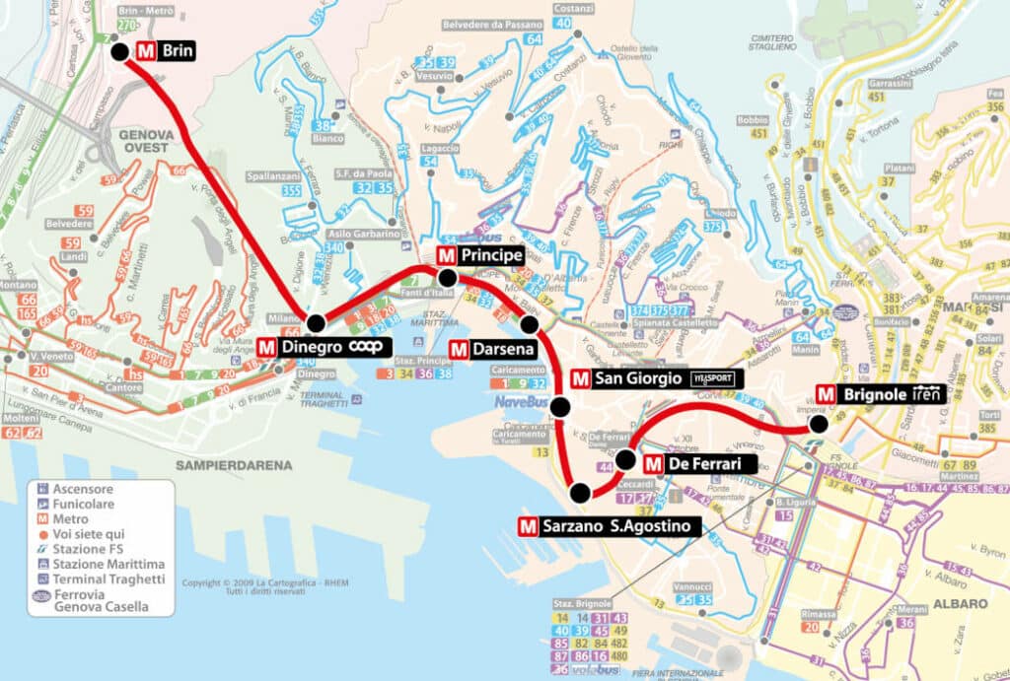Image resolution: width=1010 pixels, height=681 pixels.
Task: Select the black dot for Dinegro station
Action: tap(316, 322)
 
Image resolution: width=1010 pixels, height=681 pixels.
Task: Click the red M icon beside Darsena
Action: tap(459, 348)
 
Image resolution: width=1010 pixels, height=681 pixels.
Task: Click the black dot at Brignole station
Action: tap(818, 424)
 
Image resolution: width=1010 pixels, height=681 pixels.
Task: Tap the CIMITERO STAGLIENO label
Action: tap(771, 38)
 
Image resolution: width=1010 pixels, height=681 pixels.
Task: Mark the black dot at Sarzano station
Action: tap(580, 493)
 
